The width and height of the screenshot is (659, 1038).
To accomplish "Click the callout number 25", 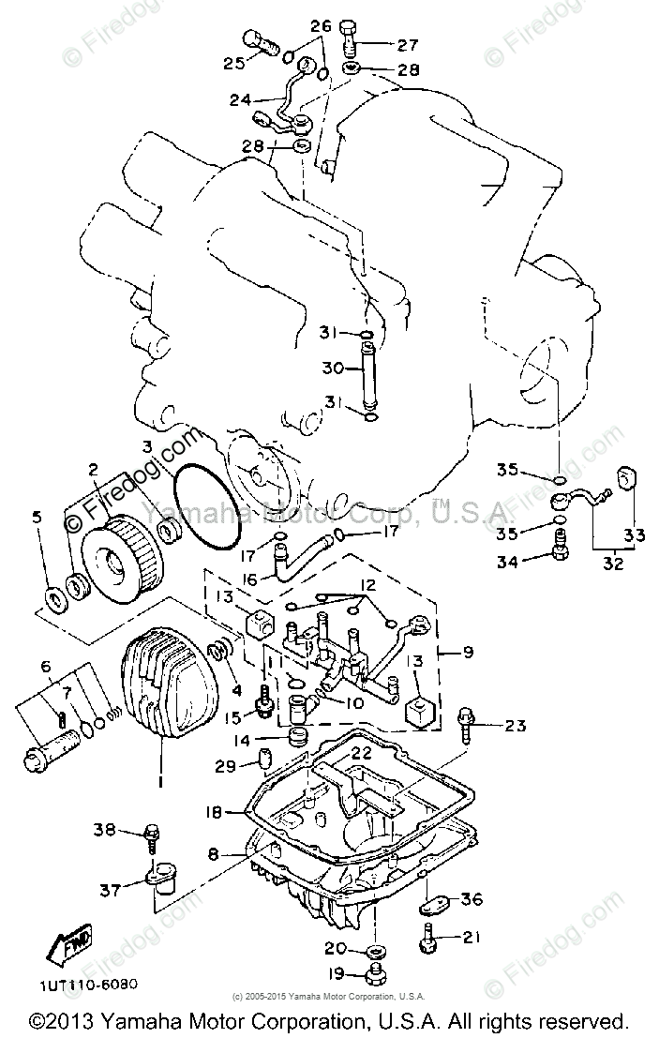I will [x=233, y=63].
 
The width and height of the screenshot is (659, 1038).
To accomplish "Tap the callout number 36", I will [x=472, y=899].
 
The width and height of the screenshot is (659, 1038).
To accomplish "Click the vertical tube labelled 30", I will [x=367, y=370].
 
